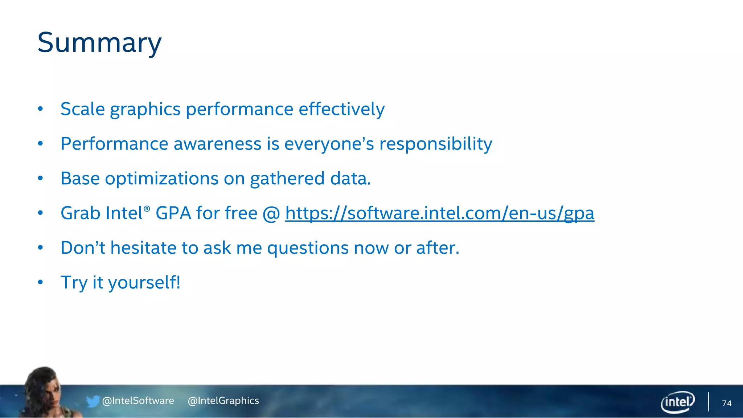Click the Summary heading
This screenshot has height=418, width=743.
click(x=99, y=43)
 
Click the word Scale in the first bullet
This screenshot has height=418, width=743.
click(x=82, y=109)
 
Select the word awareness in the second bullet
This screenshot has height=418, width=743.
click(x=217, y=144)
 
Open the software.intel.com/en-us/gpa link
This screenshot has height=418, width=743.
click(x=439, y=213)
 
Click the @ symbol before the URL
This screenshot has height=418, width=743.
click(x=271, y=213)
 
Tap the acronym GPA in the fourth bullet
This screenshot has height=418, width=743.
click(x=173, y=213)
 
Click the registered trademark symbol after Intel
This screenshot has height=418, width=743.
click(x=147, y=209)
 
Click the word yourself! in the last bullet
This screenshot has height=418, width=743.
click(x=144, y=283)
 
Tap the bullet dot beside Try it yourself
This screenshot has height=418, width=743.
click(x=40, y=282)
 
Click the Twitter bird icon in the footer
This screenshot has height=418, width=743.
click(x=93, y=401)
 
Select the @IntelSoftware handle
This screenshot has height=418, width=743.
click(x=138, y=401)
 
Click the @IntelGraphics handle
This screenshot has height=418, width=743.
click(x=223, y=401)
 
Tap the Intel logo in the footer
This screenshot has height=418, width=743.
click(x=677, y=402)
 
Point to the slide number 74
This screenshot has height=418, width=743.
click(x=726, y=403)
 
